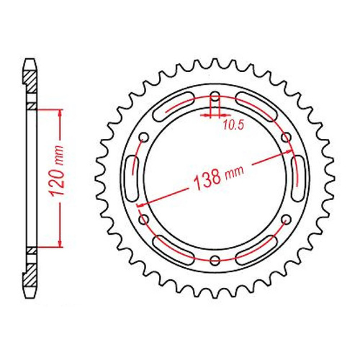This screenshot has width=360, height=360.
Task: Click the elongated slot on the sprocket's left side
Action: click(132, 179)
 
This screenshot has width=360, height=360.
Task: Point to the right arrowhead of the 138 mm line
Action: click(292, 154)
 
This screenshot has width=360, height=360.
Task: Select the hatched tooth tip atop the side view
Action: click(30, 68)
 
